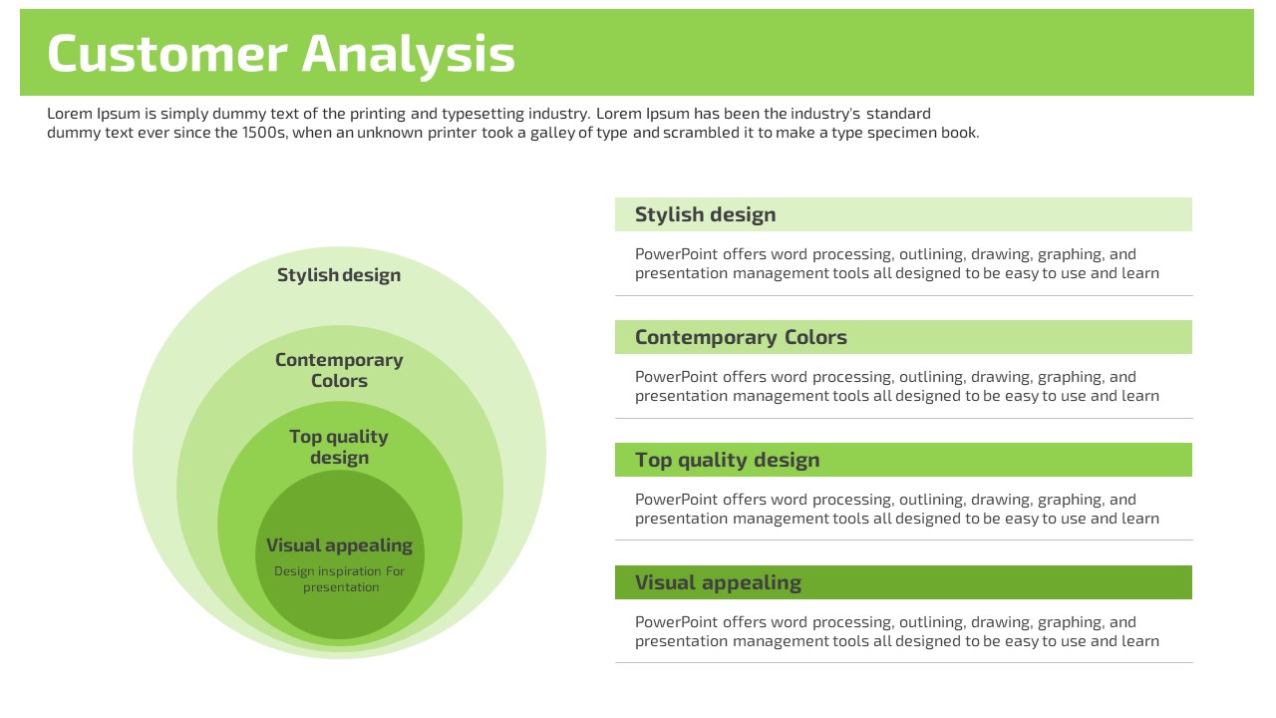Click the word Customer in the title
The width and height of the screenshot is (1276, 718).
[166, 53]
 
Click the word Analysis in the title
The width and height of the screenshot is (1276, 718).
[409, 56]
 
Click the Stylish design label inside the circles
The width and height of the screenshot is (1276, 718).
[339, 274]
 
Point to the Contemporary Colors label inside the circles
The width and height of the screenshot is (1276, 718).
[339, 370]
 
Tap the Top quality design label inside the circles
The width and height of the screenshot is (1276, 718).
[339, 447]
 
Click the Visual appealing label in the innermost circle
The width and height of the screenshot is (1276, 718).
[339, 545]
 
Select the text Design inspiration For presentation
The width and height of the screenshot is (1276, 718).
[340, 579]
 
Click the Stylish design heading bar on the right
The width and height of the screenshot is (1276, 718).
[903, 214]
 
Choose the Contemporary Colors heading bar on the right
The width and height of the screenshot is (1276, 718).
[903, 337]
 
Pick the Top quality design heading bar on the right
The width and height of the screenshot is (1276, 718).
[903, 460]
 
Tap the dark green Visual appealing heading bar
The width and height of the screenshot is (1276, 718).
[903, 582]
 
